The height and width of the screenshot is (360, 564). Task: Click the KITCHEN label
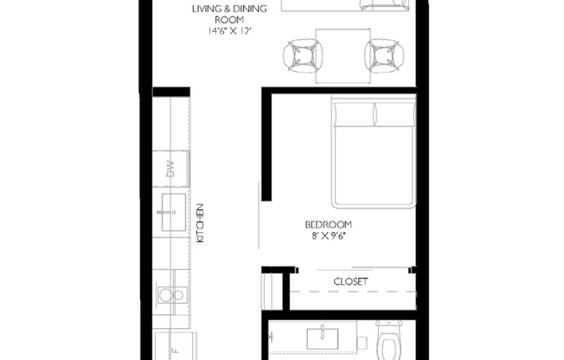click(200, 223)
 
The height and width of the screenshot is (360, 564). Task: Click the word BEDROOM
click(329, 223)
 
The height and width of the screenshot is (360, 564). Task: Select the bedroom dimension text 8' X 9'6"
click(330, 234)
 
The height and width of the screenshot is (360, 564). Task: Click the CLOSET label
click(350, 281)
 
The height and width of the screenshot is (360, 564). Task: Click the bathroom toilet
click(389, 340)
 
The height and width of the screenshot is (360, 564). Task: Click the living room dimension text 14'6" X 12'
click(229, 31)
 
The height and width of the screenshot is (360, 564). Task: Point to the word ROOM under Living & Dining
click(229, 21)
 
